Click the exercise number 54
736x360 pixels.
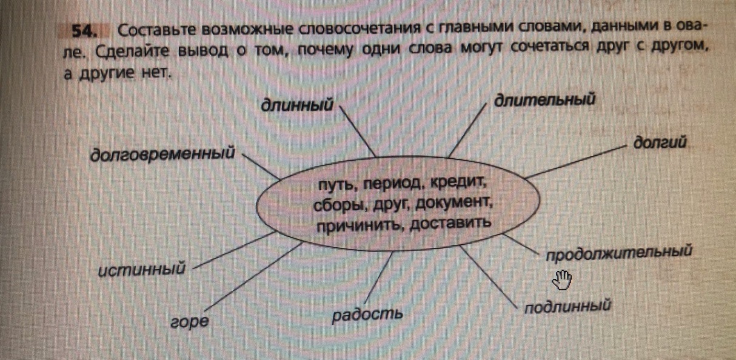84,31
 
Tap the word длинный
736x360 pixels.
297,105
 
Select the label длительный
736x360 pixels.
545,100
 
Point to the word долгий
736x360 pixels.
660,143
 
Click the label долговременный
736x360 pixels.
162,154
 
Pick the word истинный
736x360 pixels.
142,270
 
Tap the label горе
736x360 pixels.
189,322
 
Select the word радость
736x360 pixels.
367,315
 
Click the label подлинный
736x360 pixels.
567,307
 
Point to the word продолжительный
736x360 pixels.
619,253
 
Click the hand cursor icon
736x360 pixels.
562,280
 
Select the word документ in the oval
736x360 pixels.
453,203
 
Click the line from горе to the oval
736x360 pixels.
253,277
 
